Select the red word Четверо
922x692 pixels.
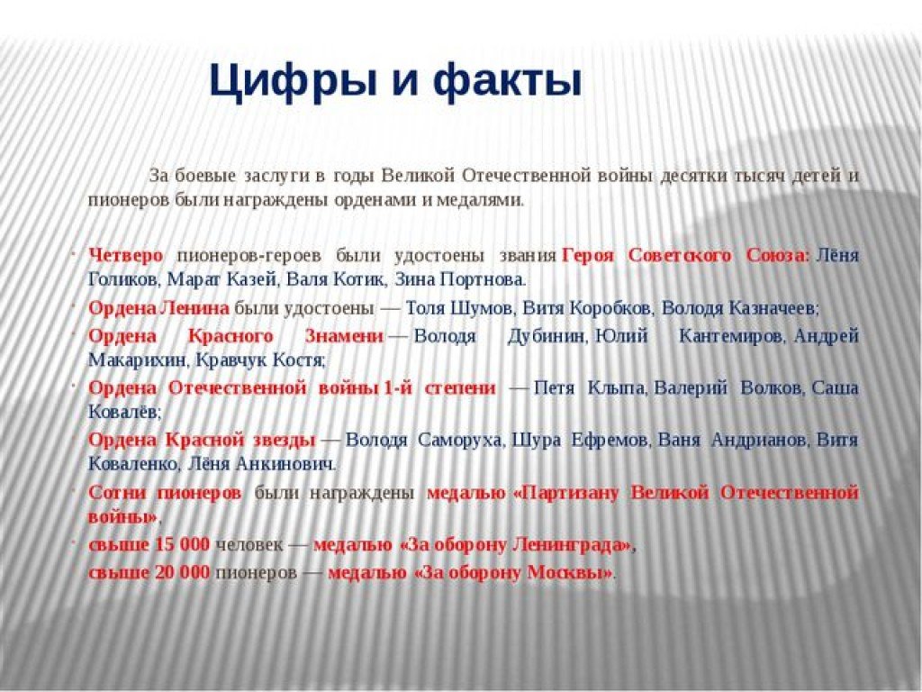126,255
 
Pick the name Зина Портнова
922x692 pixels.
458,279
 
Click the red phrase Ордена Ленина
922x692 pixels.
158,308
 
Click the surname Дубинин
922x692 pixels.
546,337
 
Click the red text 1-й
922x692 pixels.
397,388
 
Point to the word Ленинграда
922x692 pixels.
567,545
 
